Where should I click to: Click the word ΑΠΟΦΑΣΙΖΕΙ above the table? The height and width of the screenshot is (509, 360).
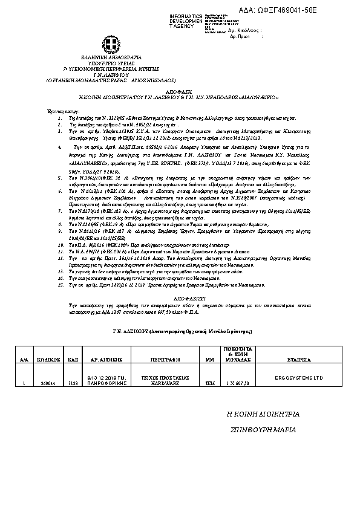pyautogui.click(x=180, y=298)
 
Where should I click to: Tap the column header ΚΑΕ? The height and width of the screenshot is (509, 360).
pyautogui.click(x=72, y=359)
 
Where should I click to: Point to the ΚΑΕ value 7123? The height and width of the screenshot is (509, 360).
pyautogui.click(x=72, y=383)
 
